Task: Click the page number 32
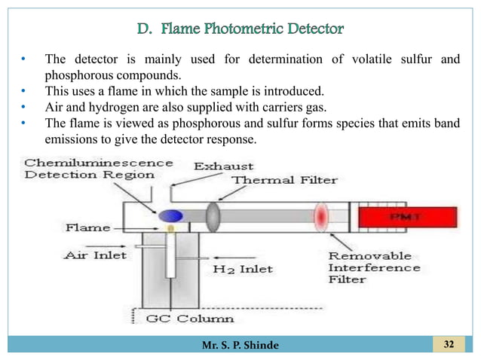tap(449, 346)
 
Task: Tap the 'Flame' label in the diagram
tap(87, 227)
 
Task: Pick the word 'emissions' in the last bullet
tap(72, 141)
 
